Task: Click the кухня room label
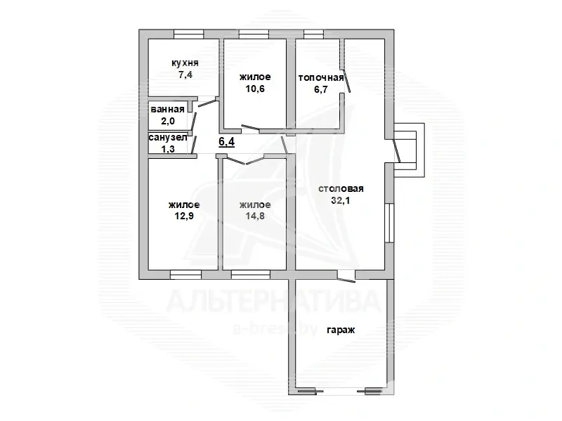[x=185, y=63]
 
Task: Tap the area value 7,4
[x=185, y=75]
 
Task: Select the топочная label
[x=321, y=77]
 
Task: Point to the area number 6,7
[x=321, y=89]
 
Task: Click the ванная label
[x=167, y=109]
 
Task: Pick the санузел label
[x=168, y=138]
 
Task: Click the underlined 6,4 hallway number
[x=226, y=142]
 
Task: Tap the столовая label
[x=341, y=188]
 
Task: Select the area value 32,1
[x=341, y=200]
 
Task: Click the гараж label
[x=341, y=330]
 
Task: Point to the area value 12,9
[x=184, y=216]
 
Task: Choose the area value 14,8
[x=255, y=216]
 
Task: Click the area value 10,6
[x=255, y=89]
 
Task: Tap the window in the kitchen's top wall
[x=188, y=34]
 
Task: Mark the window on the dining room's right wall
[x=389, y=223]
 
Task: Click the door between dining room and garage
[x=346, y=276]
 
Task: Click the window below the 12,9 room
[x=185, y=275]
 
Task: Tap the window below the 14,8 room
[x=251, y=275]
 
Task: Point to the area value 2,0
[x=168, y=121]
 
